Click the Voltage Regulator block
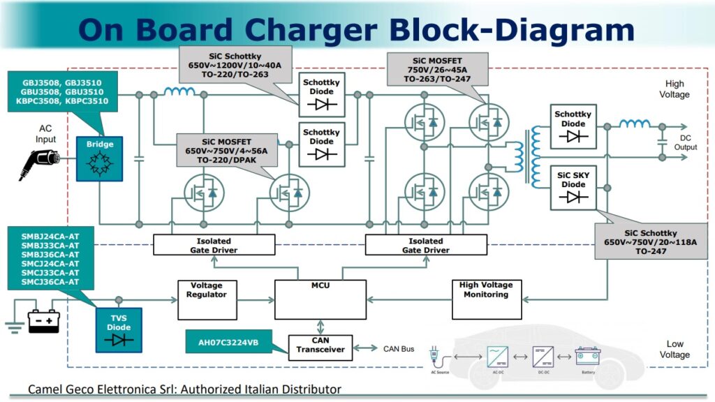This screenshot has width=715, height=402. pyautogui.click(x=207, y=299)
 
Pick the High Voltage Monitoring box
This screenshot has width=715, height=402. pyautogui.click(x=486, y=299)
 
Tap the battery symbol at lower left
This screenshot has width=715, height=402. pyautogui.click(x=43, y=322)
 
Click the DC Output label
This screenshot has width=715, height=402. pyautogui.click(x=686, y=142)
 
